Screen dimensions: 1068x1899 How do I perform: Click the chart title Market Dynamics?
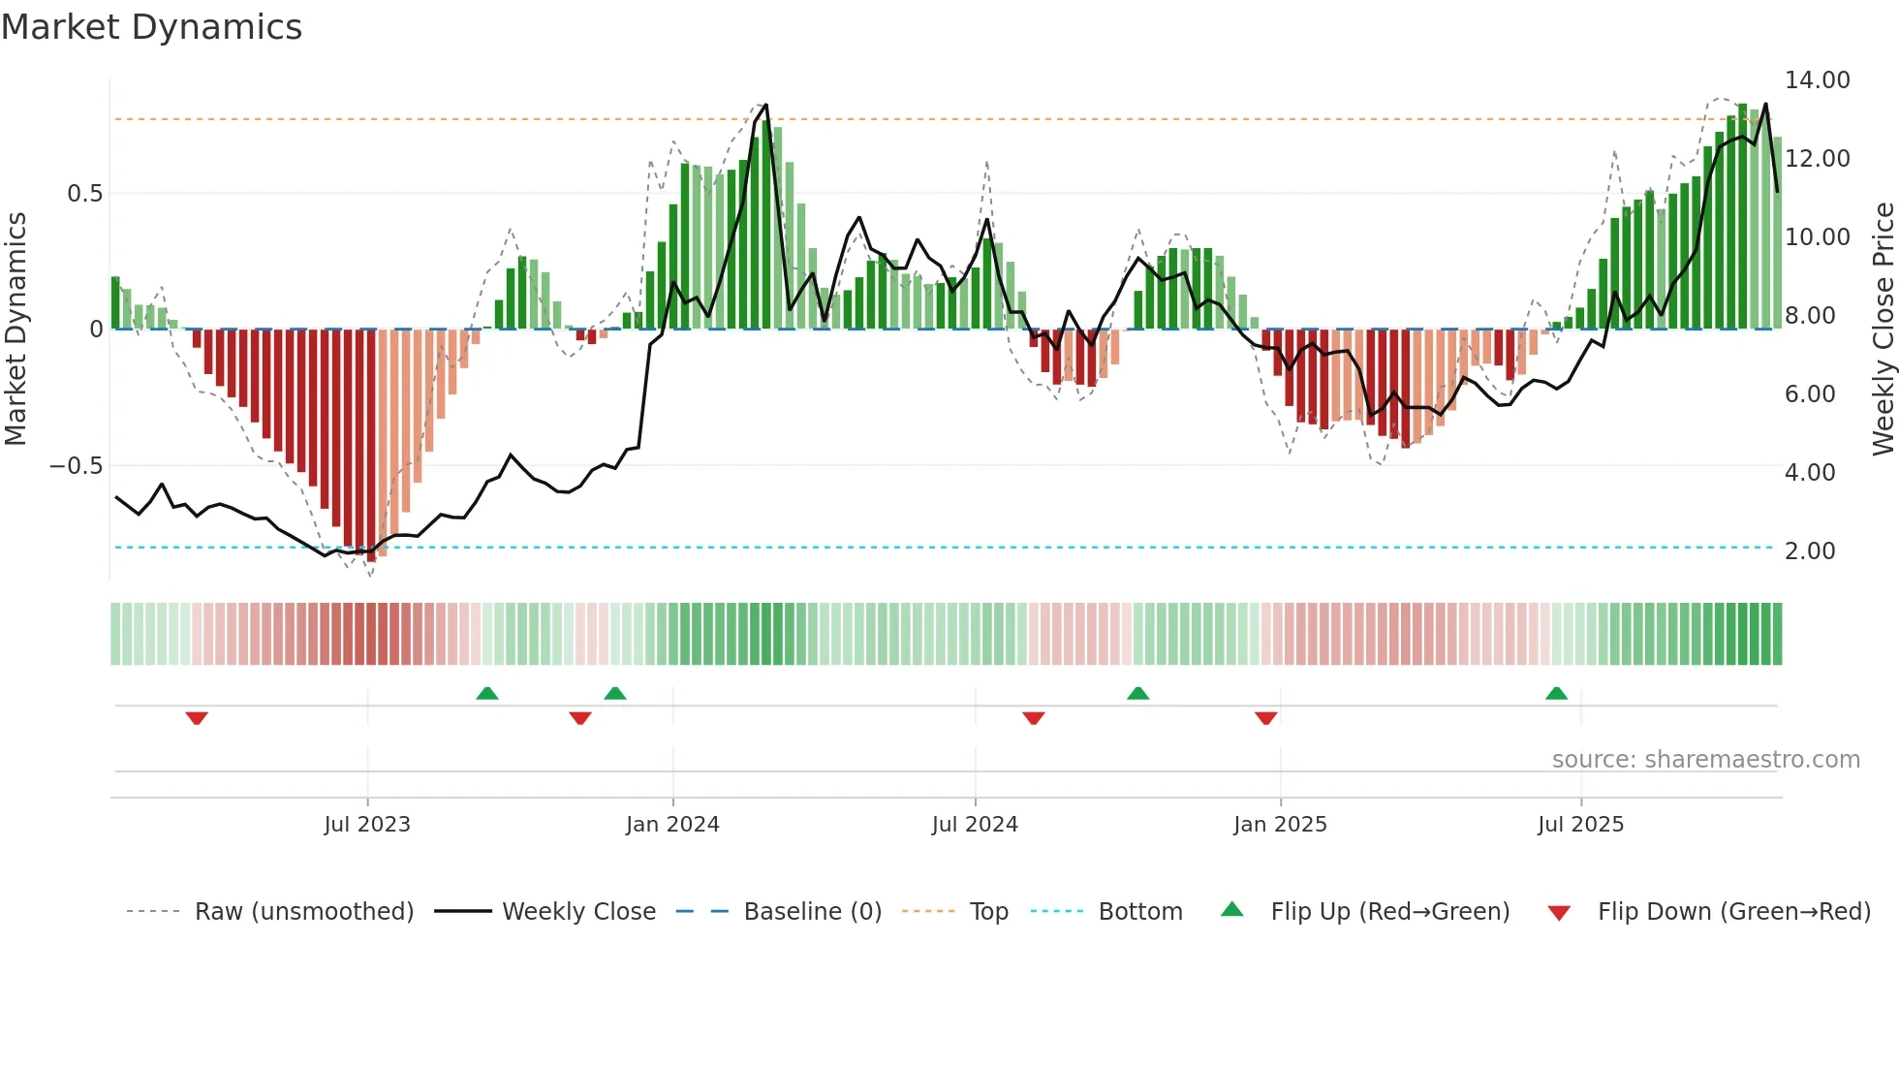(152, 27)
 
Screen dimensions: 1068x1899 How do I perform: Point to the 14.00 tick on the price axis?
(1817, 80)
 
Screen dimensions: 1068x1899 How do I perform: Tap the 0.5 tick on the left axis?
(84, 194)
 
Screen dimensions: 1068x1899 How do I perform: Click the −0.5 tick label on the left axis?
(76, 466)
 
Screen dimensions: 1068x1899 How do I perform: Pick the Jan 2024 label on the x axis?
(672, 825)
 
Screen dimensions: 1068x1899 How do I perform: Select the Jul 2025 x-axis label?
(1580, 825)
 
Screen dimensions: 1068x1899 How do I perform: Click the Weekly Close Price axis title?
(1883, 330)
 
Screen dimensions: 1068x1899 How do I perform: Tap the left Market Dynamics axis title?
(16, 330)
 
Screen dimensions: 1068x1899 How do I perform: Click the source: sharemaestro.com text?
(1705, 760)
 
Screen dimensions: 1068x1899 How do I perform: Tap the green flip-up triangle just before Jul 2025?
(1556, 694)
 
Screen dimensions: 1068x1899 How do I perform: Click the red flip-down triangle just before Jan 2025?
(1265, 718)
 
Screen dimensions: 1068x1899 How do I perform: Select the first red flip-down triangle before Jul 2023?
(197, 718)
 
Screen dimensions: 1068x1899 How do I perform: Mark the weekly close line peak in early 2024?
(765, 105)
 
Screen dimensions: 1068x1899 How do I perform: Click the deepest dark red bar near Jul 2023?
(371, 446)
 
